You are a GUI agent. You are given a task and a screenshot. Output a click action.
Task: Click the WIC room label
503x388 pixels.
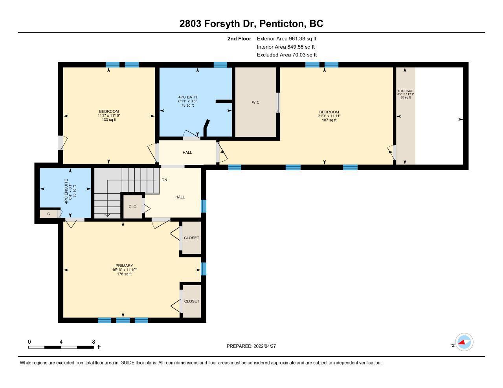point(255,102)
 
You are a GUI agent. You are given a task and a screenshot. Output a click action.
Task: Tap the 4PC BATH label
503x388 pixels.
point(187,97)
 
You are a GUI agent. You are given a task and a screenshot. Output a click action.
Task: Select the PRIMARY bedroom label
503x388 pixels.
point(124,266)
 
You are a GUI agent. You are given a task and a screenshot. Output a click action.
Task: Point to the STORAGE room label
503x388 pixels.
point(406,91)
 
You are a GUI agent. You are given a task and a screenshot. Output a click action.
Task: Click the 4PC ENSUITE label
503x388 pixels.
point(66,191)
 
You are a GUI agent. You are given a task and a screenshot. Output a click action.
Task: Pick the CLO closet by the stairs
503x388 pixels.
point(132,207)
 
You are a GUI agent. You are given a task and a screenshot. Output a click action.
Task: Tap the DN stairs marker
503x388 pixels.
point(164,180)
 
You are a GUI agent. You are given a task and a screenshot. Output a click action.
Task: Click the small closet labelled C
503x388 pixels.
point(49,214)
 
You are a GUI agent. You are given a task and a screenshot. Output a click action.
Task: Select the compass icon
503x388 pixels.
point(464,342)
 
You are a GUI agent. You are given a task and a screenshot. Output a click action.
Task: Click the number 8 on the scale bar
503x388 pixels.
point(94,342)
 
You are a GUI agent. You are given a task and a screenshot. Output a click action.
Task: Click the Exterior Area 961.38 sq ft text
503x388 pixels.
point(286,38)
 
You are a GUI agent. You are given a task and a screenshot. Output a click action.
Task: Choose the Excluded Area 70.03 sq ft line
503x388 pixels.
point(287,55)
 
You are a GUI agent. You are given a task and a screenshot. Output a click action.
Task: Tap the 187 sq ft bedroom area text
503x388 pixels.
point(329,120)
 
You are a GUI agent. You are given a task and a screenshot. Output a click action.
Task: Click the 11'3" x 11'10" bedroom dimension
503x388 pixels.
point(109,116)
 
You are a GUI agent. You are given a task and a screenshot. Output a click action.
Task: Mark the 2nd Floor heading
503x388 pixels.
point(239,38)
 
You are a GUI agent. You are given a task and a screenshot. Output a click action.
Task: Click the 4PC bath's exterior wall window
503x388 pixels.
point(220,65)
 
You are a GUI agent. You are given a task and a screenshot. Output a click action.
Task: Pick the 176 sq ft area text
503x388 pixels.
point(124,274)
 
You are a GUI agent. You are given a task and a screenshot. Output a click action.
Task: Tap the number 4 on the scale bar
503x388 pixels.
point(61,342)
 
